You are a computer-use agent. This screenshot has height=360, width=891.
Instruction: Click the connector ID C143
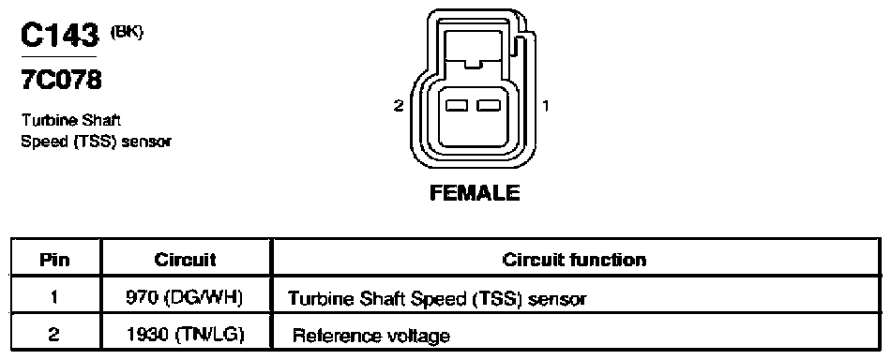pos(59,36)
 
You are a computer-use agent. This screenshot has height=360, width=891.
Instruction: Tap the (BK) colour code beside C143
pos(127,33)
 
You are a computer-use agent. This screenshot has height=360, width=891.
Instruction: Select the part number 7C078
pos(61,82)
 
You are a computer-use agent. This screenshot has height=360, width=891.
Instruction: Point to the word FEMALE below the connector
pos(475,193)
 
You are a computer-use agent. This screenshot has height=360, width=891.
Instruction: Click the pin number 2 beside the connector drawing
pos(399,105)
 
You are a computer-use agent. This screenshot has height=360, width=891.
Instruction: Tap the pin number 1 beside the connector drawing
pos(546,105)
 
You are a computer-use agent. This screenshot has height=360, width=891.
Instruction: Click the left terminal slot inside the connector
pos(457,105)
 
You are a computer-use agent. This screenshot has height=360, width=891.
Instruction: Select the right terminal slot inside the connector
pos(489,105)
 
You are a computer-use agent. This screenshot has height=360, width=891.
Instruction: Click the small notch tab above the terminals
pos(473,64)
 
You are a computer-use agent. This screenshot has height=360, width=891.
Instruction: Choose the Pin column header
pos(54,260)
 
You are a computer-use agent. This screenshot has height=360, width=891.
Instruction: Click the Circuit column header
pos(186,260)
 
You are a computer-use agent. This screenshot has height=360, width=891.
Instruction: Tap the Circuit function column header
pos(574,260)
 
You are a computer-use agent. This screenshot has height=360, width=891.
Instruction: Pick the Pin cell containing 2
pos(54,335)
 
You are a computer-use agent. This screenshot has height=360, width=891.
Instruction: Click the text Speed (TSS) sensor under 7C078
pos(96,142)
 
